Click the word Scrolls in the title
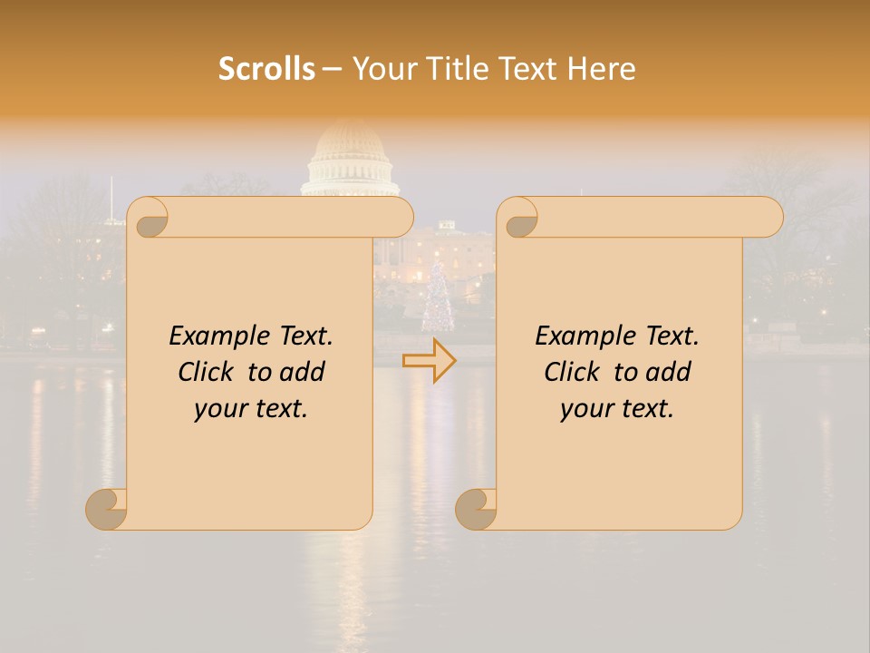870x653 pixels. pos(266,69)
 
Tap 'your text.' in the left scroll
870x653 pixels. pos(251,408)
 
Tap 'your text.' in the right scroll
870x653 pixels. pos(617,408)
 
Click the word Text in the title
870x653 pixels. pos(528,69)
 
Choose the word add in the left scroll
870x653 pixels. pos(304,372)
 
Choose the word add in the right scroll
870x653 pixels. pos(670,372)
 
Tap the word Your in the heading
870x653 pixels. pos(381,69)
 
